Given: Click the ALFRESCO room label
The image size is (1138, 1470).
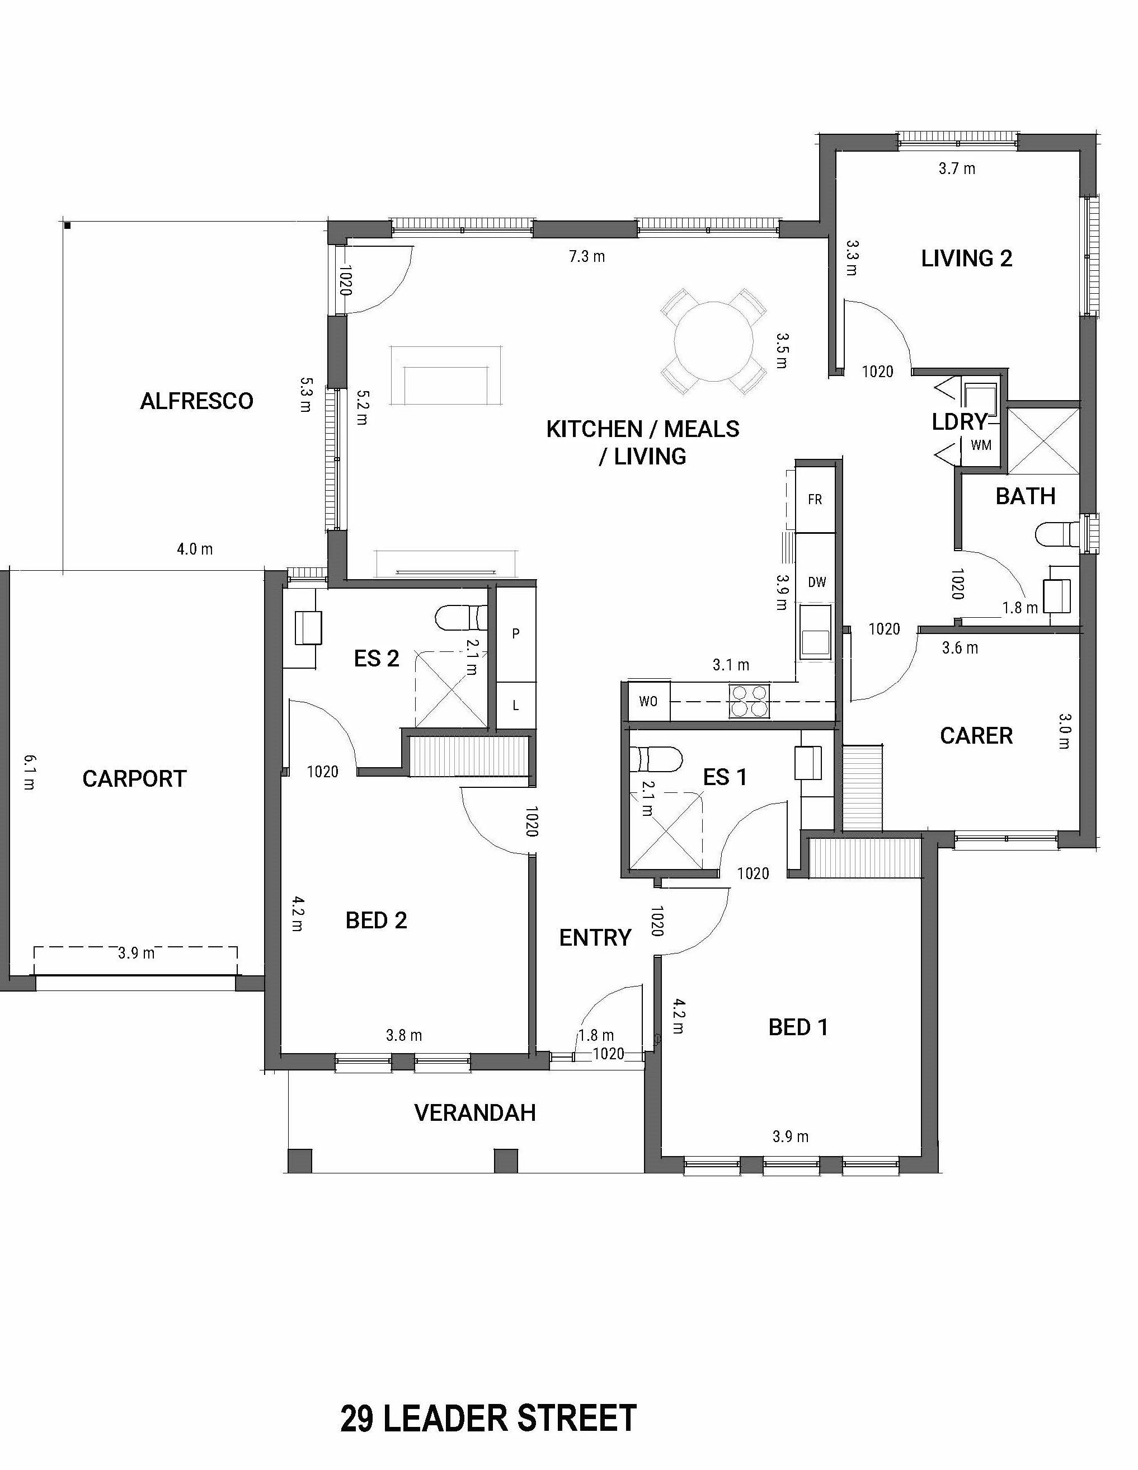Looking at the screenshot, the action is pos(196,401).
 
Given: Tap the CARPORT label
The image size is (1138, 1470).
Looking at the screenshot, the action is pos(134,779).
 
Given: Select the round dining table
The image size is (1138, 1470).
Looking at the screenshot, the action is pos(713,341).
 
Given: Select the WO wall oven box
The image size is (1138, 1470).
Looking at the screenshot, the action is pos(648,702).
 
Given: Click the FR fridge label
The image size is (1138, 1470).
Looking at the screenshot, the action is pos(815,500).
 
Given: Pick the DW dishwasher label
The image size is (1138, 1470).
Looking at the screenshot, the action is pos(817,582).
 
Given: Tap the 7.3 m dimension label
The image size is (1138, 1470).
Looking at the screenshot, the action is pos(587,256).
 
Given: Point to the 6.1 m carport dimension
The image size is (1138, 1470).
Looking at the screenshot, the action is pos(29,772).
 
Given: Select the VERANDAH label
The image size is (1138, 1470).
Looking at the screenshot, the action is pos(475,1113).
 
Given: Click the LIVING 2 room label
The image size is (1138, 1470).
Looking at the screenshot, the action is pos(966,259).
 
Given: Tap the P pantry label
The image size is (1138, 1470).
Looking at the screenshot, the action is pos(515,633).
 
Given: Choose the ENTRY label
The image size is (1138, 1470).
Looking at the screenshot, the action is pos(595,938).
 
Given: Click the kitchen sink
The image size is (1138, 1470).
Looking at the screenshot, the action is pos(815,631).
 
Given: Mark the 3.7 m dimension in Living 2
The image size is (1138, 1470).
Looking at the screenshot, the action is pos(957,168).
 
